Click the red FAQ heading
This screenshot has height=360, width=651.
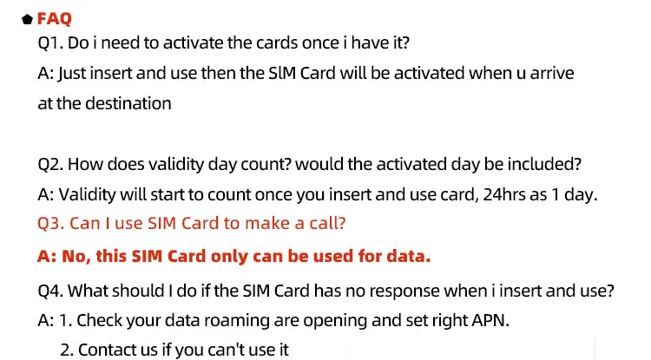coord(55,19)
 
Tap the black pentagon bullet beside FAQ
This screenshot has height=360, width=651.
coord(28,19)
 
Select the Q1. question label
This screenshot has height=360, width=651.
coord(50,43)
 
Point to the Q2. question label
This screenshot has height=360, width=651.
coord(50,165)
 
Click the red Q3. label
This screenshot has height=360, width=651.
coord(50,224)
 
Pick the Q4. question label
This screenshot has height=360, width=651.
coord(50,291)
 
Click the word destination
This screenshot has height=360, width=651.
coord(128,104)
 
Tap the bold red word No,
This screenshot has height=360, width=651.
coord(76,256)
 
